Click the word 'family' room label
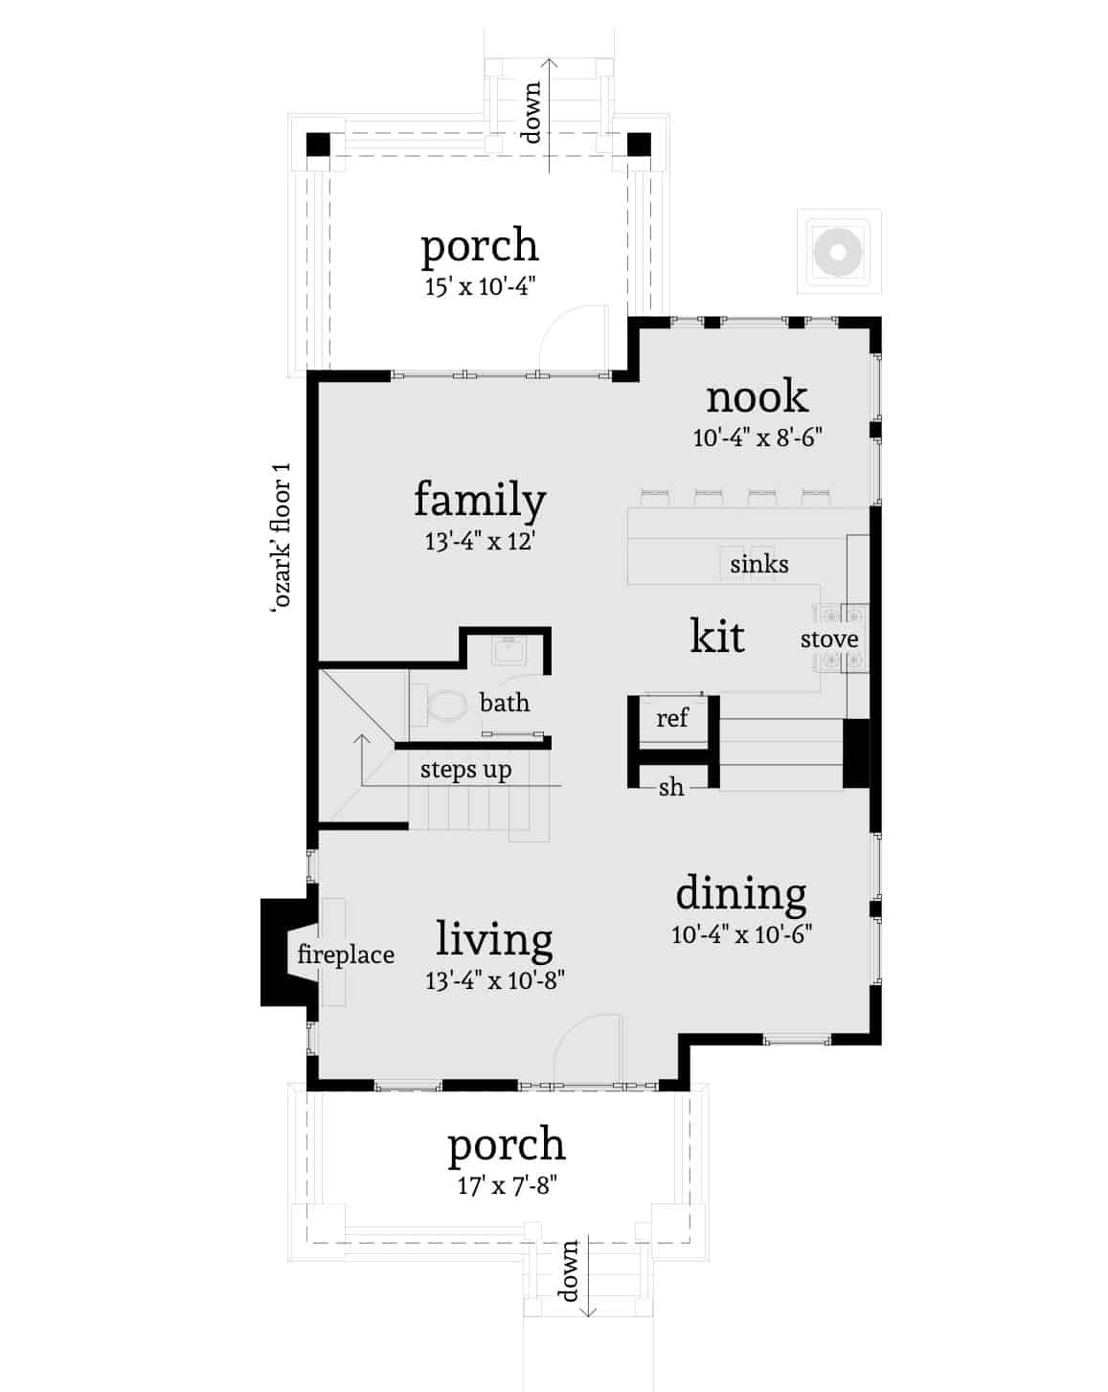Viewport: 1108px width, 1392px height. coord(480,501)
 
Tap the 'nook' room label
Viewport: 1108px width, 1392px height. coord(757,397)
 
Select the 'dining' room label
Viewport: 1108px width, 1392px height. coord(741,893)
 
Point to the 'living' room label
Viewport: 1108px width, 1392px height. coord(494,939)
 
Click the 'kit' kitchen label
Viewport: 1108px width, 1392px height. coord(717,636)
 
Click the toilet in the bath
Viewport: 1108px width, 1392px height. coord(443,707)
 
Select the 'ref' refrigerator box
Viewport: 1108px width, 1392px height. coord(672,718)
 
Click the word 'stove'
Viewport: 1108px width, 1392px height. coord(829,639)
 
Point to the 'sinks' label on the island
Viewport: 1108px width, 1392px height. coord(758,564)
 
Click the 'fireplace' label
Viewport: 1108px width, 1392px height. coord(346,954)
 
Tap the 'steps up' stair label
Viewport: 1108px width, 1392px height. coord(465,770)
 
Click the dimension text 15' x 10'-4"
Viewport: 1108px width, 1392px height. coord(479,286)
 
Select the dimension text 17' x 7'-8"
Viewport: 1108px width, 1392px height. coord(507,1186)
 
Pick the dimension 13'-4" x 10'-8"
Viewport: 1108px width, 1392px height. coord(495,980)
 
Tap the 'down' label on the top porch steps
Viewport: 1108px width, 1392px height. coord(531,112)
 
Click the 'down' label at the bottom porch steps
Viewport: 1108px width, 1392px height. coord(570,1270)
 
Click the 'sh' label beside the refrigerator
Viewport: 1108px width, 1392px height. coord(671,787)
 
